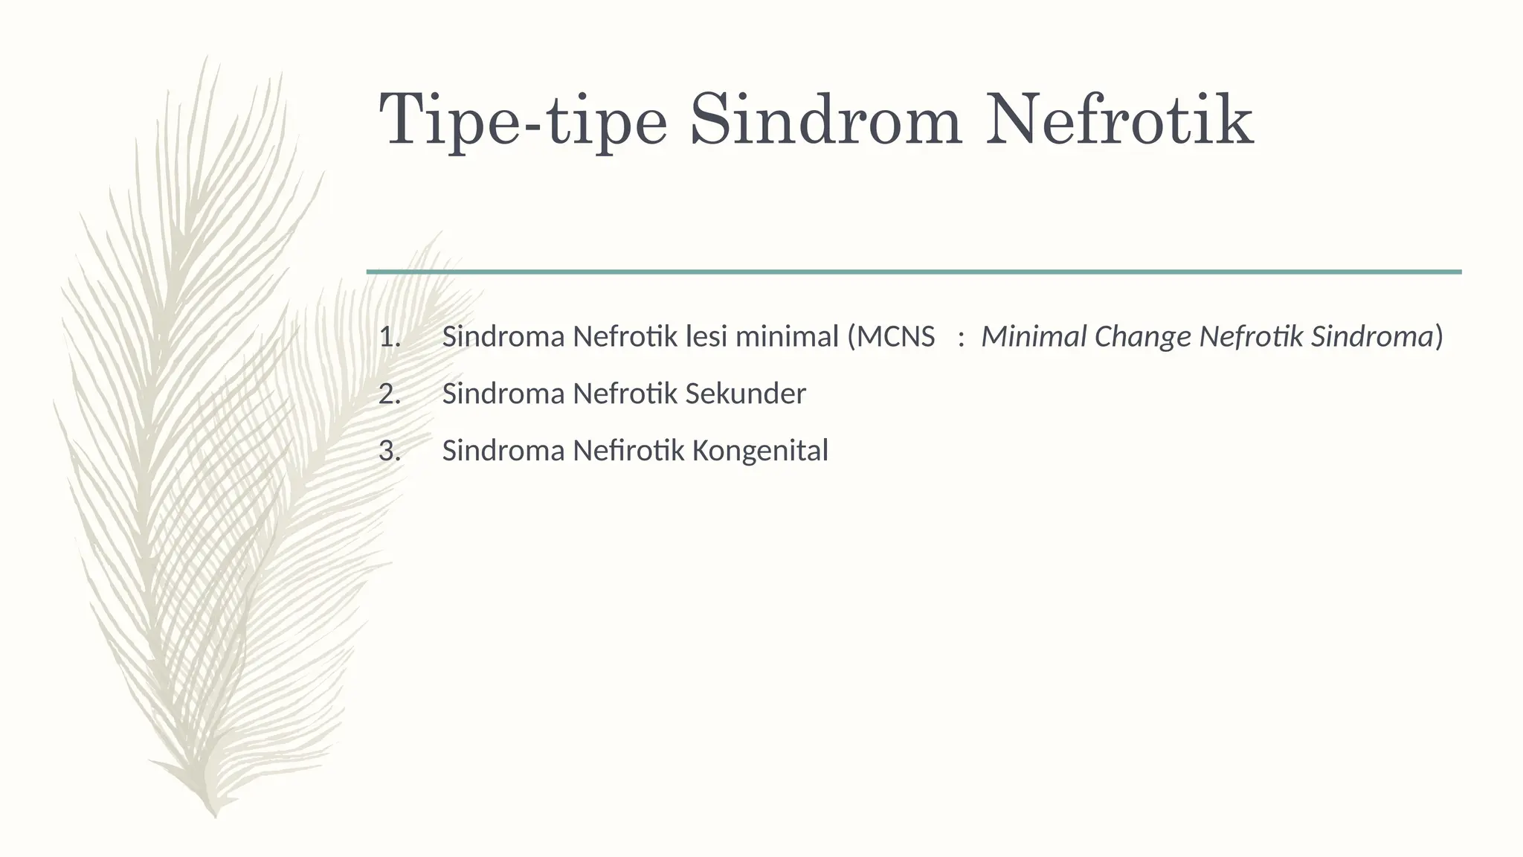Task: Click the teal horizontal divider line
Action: click(913, 272)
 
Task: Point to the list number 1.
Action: click(389, 338)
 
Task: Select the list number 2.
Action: click(389, 394)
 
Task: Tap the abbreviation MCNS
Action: click(896, 338)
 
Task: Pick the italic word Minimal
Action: click(1034, 338)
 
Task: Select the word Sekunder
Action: click(745, 394)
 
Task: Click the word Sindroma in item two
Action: click(503, 394)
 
